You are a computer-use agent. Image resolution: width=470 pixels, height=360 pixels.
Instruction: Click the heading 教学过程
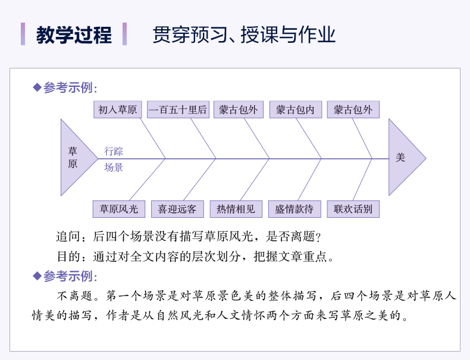click(x=74, y=35)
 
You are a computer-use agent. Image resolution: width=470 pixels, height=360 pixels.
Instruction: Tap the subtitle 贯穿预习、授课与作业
click(x=244, y=35)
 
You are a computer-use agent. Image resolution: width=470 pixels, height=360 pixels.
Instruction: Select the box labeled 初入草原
click(x=117, y=109)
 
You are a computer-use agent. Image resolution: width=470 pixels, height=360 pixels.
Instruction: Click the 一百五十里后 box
click(x=178, y=109)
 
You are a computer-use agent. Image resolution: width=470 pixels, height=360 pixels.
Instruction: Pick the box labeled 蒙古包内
click(x=295, y=109)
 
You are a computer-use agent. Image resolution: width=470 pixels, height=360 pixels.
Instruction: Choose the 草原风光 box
click(x=118, y=209)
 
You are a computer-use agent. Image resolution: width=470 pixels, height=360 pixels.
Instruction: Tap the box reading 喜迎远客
click(x=177, y=209)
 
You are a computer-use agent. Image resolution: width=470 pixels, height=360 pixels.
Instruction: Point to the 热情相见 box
click(x=236, y=209)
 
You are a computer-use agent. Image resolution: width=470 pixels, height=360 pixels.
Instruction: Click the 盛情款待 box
click(x=294, y=209)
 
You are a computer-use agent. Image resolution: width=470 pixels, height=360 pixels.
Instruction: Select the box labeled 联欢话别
click(x=353, y=209)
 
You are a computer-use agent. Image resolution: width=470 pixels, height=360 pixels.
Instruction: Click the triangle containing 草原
click(x=74, y=158)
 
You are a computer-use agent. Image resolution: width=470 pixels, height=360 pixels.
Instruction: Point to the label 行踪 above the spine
click(x=114, y=151)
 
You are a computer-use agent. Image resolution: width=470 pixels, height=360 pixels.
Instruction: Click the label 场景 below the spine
click(x=114, y=167)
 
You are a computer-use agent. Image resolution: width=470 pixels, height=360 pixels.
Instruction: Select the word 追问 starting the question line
click(x=65, y=237)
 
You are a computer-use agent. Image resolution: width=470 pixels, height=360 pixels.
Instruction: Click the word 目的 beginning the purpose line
click(x=65, y=257)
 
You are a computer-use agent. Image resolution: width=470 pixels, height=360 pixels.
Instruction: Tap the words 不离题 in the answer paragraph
click(x=74, y=296)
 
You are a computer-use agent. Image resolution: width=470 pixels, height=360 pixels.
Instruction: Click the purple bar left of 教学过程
click(x=23, y=34)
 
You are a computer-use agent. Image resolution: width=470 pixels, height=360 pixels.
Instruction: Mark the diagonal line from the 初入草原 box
click(x=152, y=138)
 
